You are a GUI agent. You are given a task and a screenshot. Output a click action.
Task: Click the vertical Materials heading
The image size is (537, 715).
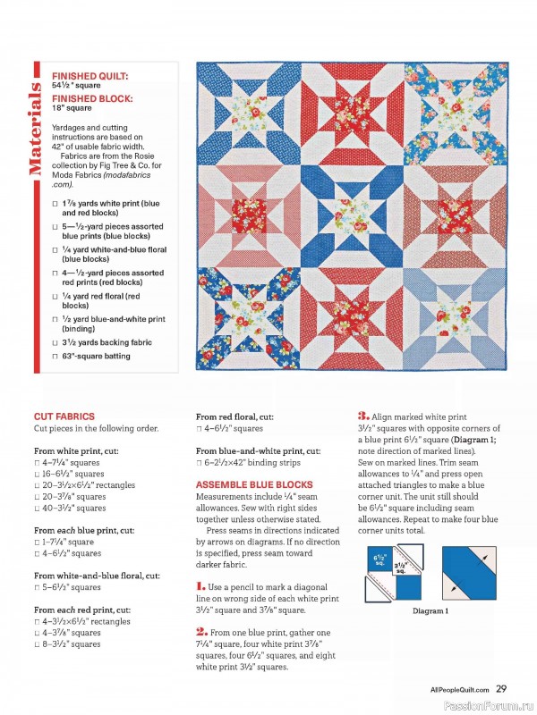pos(38,130)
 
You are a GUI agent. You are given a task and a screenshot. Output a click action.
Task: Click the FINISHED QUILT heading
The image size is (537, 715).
pos(89,77)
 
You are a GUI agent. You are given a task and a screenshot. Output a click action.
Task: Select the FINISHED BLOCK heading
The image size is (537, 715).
pos(92,97)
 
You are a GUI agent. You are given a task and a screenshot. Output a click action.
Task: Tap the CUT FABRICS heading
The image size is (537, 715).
pos(64,416)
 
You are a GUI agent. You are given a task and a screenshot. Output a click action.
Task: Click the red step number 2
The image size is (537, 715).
pos(201,630)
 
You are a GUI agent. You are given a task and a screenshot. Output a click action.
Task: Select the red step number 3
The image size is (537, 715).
pos(363,416)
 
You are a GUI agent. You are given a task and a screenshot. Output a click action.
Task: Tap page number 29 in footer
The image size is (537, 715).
pos(501,688)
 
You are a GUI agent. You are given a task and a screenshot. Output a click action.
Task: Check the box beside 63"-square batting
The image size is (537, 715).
pos(55,356)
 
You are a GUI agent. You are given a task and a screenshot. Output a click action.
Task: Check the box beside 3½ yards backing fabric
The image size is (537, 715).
pos(55,341)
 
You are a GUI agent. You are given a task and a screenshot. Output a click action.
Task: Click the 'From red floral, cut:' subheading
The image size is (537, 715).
pos(234,416)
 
